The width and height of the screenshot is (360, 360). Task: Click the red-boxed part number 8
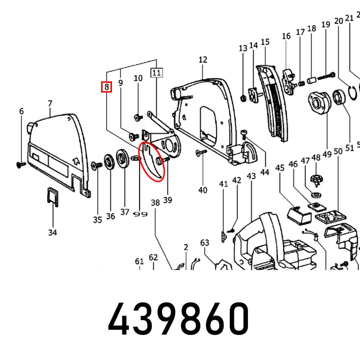tap(107, 87)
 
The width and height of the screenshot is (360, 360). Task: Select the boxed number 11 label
tap(156, 73)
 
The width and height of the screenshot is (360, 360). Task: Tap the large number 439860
tap(179, 319)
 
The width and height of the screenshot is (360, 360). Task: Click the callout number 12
tap(203, 59)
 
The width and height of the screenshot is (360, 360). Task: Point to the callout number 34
tap(53, 233)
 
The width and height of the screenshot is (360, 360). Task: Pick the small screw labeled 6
tap(20, 164)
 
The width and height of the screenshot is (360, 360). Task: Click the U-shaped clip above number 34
tap(52, 197)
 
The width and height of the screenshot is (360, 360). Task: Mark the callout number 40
tap(203, 190)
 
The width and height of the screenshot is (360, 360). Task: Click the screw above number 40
tap(200, 153)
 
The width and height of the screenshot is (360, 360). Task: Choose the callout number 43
tap(251, 176)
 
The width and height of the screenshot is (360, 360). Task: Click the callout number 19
tap(326, 24)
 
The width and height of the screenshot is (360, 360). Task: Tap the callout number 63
tap(204, 243)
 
